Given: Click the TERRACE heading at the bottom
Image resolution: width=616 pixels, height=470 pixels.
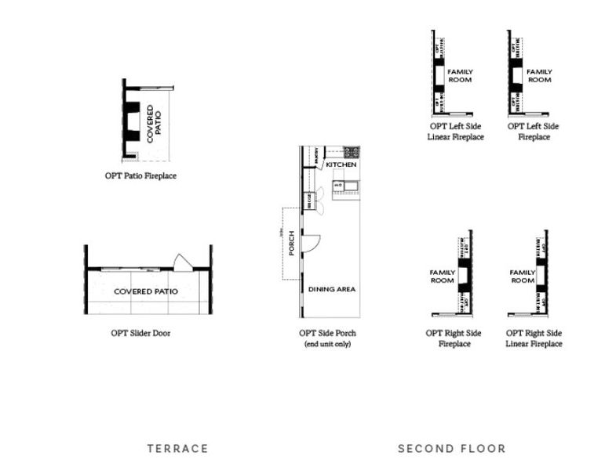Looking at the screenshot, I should (177, 449).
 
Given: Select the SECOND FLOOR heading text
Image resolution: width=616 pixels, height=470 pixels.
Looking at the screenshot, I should (451, 449).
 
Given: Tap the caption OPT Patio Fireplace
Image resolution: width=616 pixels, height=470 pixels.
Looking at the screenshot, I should (140, 176).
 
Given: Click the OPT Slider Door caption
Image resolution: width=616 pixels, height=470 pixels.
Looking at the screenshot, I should (140, 333).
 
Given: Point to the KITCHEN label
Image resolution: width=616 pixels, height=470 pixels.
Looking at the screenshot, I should (341, 165).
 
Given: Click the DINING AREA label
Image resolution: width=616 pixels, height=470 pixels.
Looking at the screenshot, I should (331, 289).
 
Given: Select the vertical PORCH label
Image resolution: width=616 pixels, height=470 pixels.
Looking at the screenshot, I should (291, 243).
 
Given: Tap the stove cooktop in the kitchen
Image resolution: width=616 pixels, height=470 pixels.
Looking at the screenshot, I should (350, 152).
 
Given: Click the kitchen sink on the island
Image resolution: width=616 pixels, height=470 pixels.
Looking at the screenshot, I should (340, 185).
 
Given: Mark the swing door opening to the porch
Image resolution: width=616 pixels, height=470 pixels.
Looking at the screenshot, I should (309, 244).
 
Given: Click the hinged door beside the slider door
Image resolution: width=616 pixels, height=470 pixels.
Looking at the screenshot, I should (183, 263).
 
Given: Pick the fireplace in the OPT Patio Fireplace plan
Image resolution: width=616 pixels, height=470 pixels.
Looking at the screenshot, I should (132, 121).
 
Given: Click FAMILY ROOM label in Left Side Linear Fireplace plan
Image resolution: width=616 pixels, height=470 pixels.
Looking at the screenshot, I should (460, 75).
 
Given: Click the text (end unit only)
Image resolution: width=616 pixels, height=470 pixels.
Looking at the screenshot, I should (328, 344).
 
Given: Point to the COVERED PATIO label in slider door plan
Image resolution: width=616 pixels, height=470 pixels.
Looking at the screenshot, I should (145, 291).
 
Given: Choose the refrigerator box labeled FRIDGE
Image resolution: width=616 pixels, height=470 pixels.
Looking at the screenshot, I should (310, 201).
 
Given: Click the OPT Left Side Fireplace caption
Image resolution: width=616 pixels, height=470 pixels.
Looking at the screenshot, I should (533, 131).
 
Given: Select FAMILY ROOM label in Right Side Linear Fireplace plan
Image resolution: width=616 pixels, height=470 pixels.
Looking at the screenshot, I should (522, 276).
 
